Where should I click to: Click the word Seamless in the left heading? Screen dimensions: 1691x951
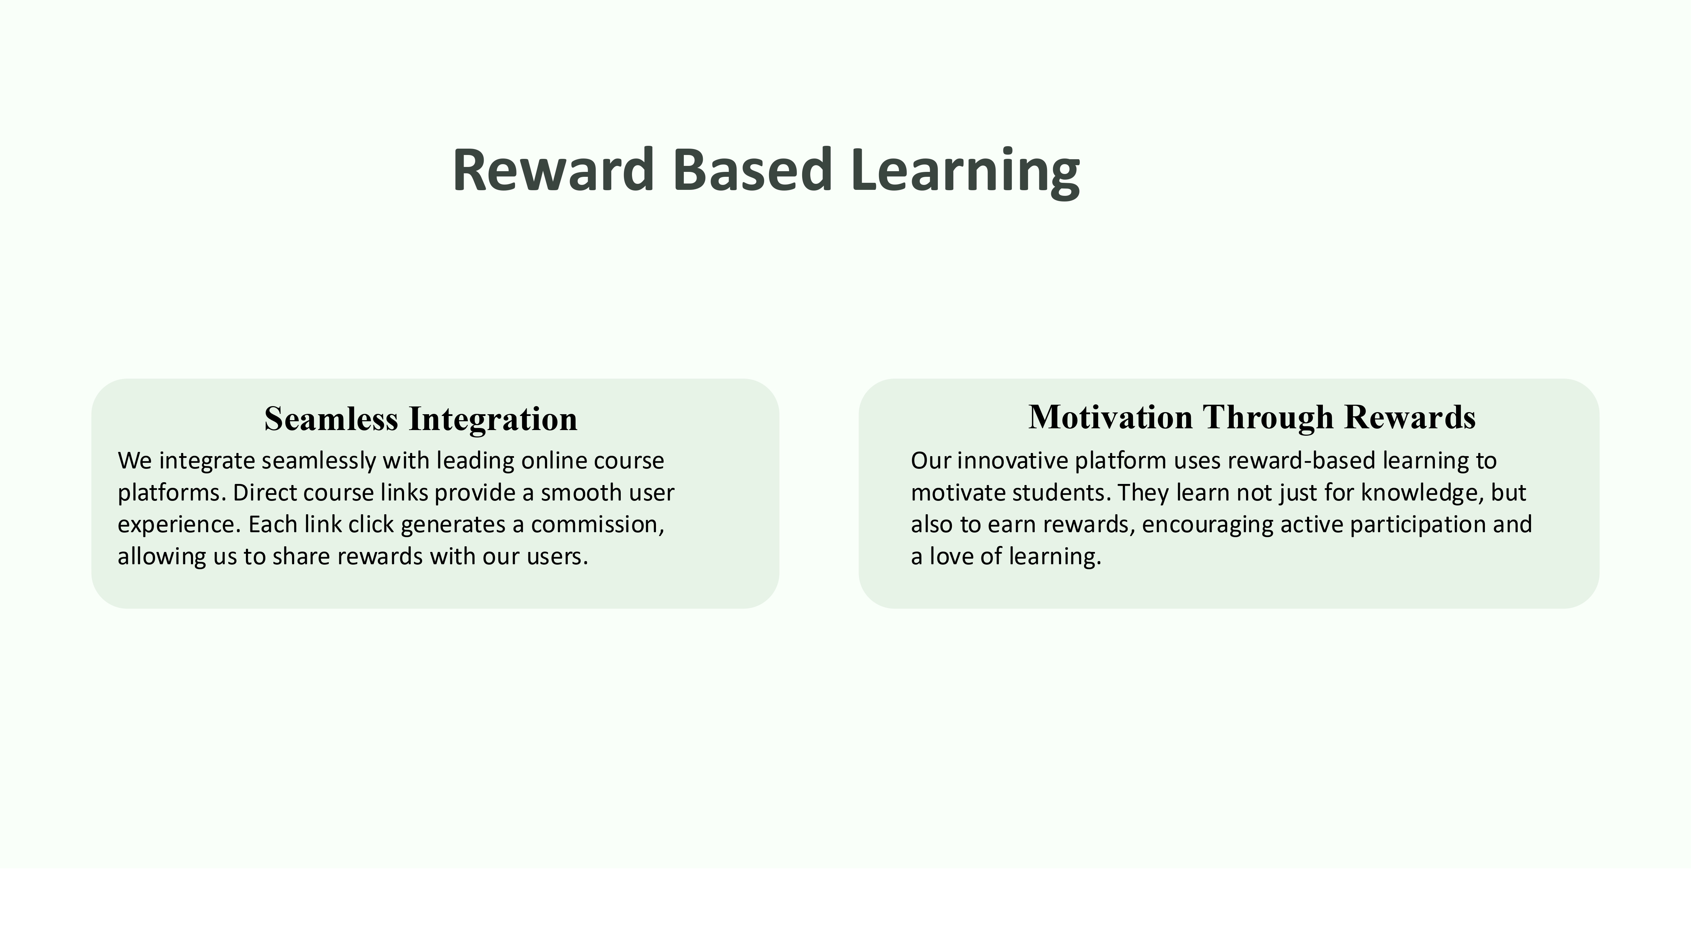click(331, 419)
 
